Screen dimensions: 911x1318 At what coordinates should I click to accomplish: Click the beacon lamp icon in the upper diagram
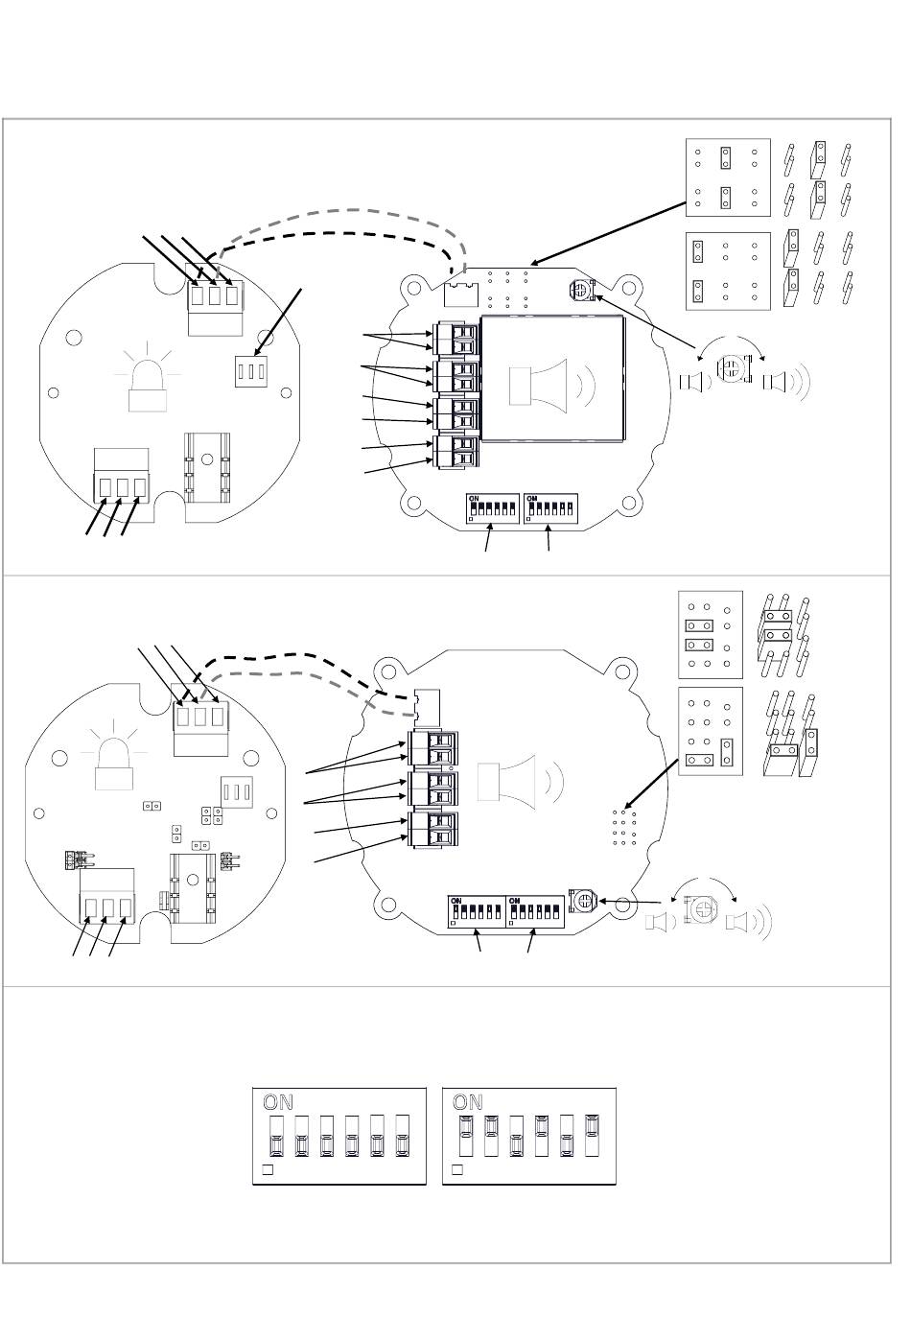pos(148,381)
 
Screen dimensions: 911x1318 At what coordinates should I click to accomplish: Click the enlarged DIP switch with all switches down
pos(339,1136)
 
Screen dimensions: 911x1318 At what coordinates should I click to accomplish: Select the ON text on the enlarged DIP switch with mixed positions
pos(468,1102)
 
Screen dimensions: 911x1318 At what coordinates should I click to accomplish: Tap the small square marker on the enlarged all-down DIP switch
pos(269,1170)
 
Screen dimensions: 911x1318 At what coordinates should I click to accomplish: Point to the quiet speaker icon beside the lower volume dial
pos(660,923)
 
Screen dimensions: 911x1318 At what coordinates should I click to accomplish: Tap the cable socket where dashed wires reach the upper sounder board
pos(462,285)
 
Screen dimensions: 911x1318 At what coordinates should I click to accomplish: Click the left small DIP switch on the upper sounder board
pos(493,508)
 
